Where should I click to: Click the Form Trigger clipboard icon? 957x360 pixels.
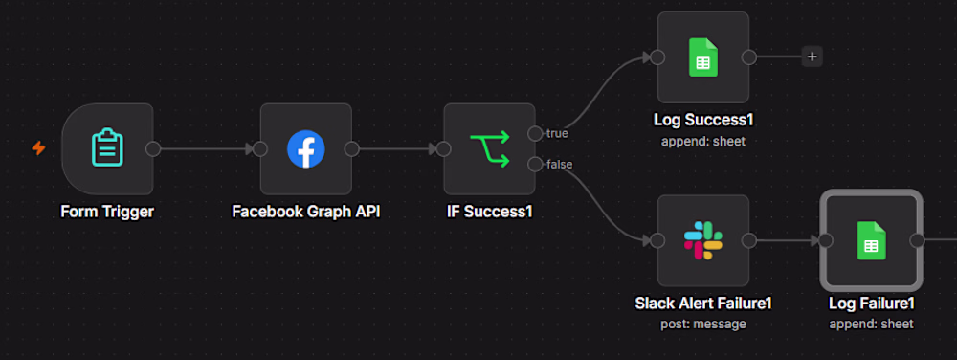click(x=107, y=147)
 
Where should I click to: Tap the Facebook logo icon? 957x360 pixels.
click(x=306, y=148)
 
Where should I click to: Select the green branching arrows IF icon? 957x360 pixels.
click(x=489, y=148)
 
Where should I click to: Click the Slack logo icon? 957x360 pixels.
click(x=703, y=240)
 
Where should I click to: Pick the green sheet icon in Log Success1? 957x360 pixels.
click(x=703, y=57)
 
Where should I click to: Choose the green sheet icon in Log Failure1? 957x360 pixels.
click(x=871, y=240)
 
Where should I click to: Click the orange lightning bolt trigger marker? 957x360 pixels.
click(x=38, y=148)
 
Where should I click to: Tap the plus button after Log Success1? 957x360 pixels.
click(x=812, y=56)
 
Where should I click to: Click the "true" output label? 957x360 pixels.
click(x=557, y=134)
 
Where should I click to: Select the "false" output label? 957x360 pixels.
click(x=559, y=164)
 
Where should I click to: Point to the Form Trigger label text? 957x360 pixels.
click(x=107, y=212)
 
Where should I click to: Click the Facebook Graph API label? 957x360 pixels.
click(x=306, y=212)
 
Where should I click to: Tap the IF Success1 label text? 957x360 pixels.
click(x=489, y=212)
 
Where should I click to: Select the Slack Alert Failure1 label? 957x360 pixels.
click(x=703, y=304)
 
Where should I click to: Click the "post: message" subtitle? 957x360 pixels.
click(x=703, y=324)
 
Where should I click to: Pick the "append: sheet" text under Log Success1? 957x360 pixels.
click(x=703, y=141)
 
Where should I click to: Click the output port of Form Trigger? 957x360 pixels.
click(x=153, y=148)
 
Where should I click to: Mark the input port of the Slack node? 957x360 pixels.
click(x=657, y=240)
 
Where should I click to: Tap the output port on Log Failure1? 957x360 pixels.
click(x=917, y=240)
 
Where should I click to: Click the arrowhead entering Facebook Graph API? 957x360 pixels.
click(x=250, y=148)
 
